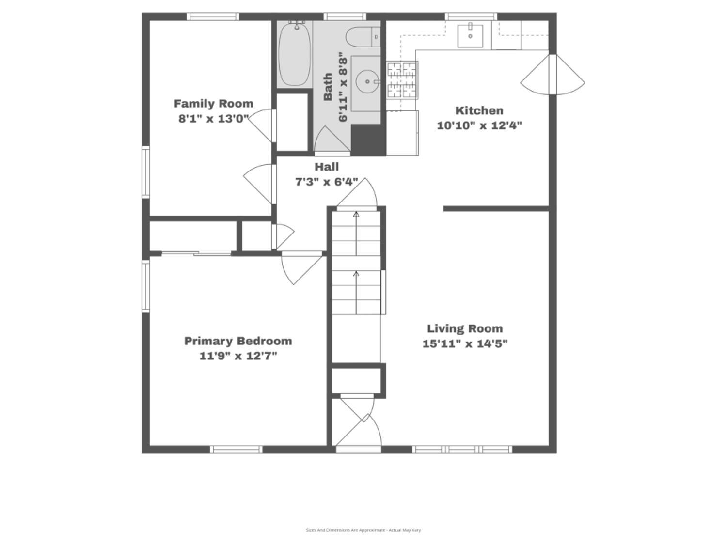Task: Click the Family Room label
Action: click(213, 104)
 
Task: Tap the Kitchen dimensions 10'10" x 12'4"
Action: click(479, 126)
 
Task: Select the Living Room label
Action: click(465, 328)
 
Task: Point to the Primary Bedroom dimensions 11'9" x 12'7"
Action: click(238, 356)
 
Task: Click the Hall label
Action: click(327, 167)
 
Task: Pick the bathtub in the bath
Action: click(295, 54)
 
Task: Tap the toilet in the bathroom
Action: click(363, 37)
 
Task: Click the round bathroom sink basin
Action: click(367, 81)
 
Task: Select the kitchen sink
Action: click(470, 36)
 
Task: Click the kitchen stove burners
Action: click(402, 80)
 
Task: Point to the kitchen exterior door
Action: click(553, 75)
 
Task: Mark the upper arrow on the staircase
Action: click(356, 234)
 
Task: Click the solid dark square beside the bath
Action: click(368, 140)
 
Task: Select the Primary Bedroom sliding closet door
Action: click(196, 254)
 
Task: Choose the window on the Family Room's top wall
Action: click(213, 16)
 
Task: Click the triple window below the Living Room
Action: click(462, 450)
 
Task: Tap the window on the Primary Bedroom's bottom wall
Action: click(236, 450)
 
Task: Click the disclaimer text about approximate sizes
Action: click(363, 530)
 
